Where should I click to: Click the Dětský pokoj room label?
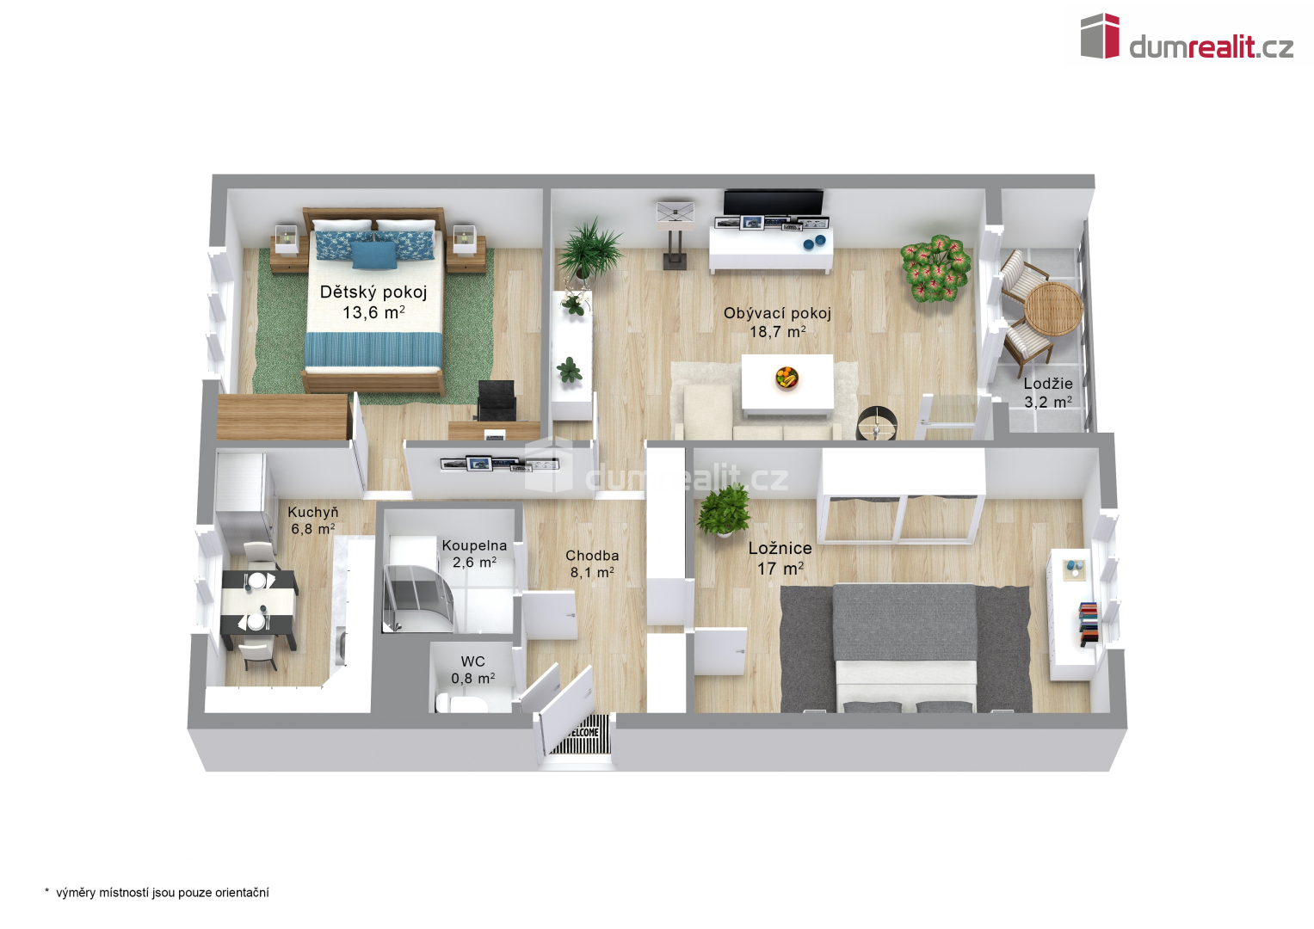pyautogui.click(x=373, y=292)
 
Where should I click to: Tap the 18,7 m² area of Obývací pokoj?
pyautogui.click(x=777, y=332)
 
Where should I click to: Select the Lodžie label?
pyautogui.click(x=1048, y=384)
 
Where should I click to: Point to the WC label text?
pyautogui.click(x=472, y=661)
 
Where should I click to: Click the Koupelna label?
pyautogui.click(x=474, y=546)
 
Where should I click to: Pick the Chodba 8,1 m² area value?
pyautogui.click(x=592, y=572)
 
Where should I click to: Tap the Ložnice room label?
pyautogui.click(x=780, y=549)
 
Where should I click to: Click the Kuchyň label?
pyautogui.click(x=312, y=513)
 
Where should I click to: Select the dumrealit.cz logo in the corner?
pyautogui.click(x=1187, y=37)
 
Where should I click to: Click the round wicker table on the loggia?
pyautogui.click(x=1053, y=310)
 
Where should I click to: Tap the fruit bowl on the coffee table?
pyautogui.click(x=786, y=377)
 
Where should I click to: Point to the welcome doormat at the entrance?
pyautogui.click(x=579, y=734)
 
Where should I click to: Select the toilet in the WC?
pyautogui.click(x=460, y=704)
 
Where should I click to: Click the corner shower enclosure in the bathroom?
pyautogui.click(x=417, y=598)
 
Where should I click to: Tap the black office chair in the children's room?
pyautogui.click(x=497, y=400)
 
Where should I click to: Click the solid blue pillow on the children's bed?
pyautogui.click(x=374, y=255)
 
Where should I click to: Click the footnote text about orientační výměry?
pyautogui.click(x=157, y=893)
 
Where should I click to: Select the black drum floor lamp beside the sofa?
pyautogui.click(x=876, y=421)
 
